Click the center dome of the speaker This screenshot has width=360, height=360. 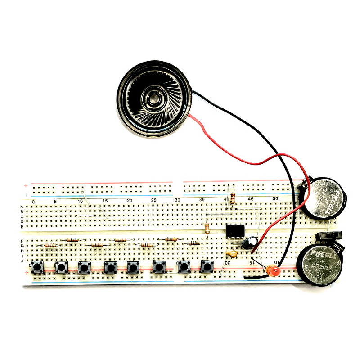click(x=155, y=96)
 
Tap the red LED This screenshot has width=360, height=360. click(x=273, y=271)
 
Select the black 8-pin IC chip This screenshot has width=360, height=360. click(x=234, y=230)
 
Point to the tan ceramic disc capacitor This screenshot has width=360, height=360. click(x=231, y=253)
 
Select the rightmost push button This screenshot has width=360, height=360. click(x=207, y=267)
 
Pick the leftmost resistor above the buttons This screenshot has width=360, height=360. click(x=49, y=246)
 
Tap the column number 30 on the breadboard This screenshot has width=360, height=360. click(x=177, y=200)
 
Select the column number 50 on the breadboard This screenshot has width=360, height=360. click(x=275, y=198)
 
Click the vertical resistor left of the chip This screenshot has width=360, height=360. click(x=207, y=229)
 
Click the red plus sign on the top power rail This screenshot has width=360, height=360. click(x=26, y=185)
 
